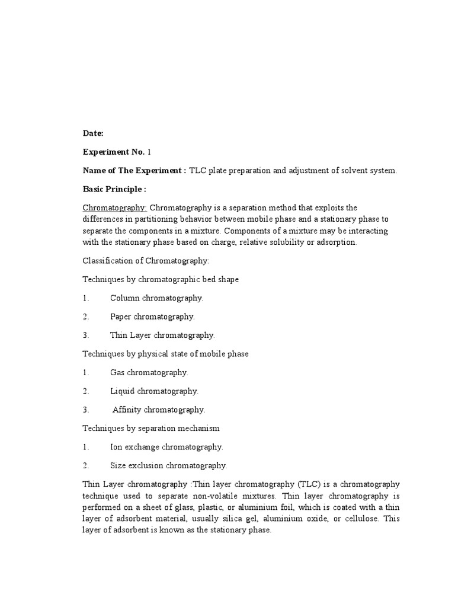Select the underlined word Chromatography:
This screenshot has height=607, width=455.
point(115,207)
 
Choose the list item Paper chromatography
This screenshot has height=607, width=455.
point(152,317)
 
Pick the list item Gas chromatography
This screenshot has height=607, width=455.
point(149,372)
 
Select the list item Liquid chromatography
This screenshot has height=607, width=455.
point(154,391)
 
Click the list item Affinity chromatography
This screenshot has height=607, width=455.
point(159,410)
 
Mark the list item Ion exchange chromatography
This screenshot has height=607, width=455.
point(166,446)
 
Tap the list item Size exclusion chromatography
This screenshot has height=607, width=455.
point(168,465)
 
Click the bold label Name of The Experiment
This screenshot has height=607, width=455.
point(134,171)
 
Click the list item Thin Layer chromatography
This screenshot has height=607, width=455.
point(162,335)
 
